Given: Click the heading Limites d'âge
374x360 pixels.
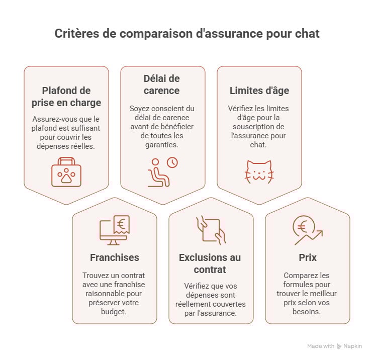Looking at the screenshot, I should click(259, 91).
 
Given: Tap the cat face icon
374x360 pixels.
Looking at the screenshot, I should click(259, 171).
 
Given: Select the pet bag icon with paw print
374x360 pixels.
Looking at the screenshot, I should click(66, 171).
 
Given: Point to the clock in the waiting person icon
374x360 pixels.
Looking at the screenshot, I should click(172, 163).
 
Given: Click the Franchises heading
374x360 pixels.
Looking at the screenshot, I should click(114, 257).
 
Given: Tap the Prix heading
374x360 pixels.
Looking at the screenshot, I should click(307, 257).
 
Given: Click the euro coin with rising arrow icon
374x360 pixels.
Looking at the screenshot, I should click(307, 230).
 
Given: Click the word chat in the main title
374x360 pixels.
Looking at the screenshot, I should click(308, 34).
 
